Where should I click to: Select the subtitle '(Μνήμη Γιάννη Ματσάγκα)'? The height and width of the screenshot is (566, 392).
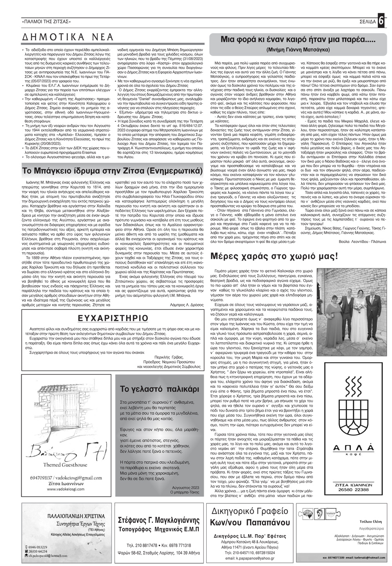tap(298, 50)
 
